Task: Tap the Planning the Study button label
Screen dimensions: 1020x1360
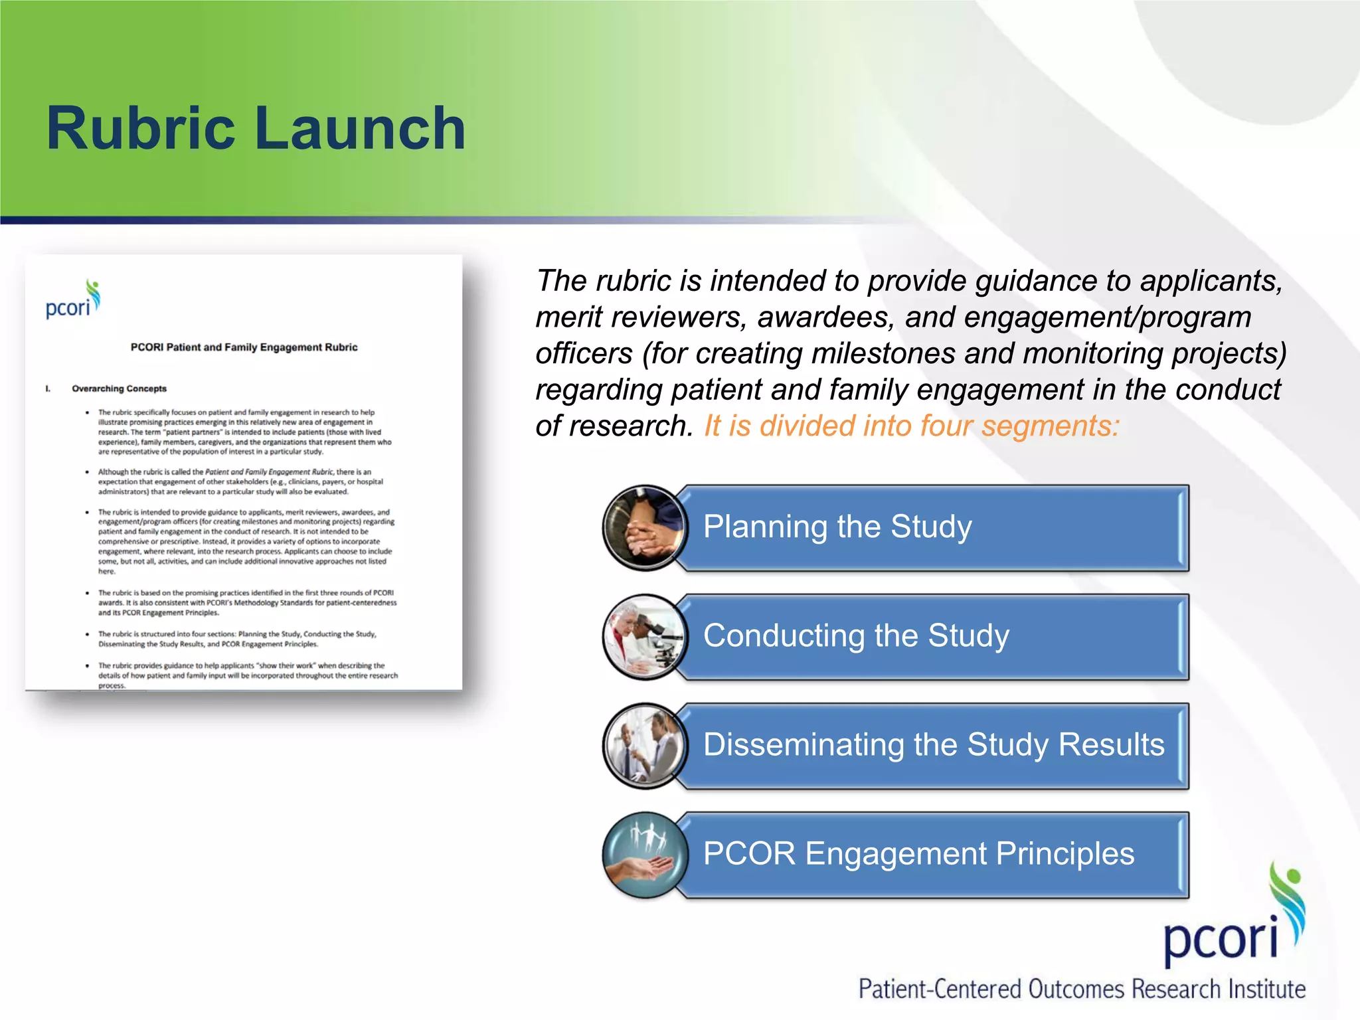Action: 837,527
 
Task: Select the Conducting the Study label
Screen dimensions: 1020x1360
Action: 855,636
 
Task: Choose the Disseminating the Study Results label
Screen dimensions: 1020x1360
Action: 933,744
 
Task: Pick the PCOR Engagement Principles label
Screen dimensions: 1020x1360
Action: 918,853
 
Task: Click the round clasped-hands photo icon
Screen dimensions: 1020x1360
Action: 644,528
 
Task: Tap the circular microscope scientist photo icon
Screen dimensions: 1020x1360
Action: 644,637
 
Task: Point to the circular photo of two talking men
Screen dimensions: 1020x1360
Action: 644,746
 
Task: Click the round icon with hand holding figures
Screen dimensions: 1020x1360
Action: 644,855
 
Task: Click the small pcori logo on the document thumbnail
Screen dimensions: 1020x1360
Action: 72,301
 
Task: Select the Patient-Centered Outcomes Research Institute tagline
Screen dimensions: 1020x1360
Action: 1081,989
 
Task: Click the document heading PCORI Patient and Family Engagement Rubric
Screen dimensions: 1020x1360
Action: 244,347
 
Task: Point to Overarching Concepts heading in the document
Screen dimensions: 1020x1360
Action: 119,388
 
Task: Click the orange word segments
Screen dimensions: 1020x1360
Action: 1049,426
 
